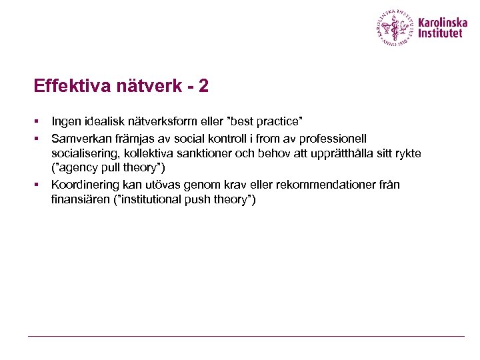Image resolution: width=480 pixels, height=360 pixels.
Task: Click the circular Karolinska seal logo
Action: tap(395, 27)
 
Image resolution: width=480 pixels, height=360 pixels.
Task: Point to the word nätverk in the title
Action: tap(147, 86)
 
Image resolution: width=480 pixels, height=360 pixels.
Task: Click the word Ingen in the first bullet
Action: tap(66, 122)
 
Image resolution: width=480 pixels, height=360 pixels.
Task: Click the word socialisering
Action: tap(83, 153)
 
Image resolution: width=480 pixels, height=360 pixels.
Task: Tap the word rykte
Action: tap(407, 153)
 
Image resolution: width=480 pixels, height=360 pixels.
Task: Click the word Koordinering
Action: tap(83, 184)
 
